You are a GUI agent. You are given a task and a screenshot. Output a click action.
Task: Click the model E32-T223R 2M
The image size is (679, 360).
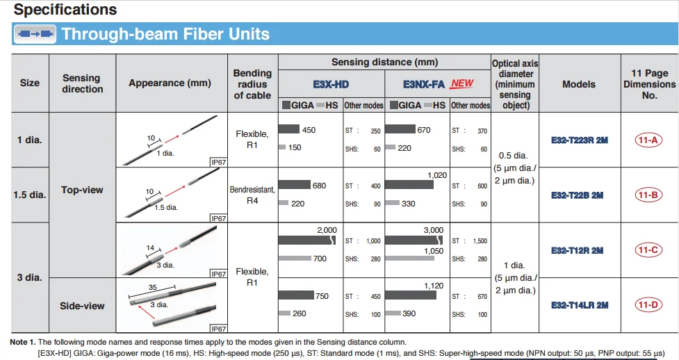click(x=579, y=140)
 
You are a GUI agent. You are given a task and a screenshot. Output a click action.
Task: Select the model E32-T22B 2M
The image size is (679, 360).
click(x=579, y=195)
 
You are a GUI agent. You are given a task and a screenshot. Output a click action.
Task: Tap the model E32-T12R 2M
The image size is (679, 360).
click(x=579, y=250)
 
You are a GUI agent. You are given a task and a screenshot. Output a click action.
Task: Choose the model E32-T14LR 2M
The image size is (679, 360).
click(x=579, y=305)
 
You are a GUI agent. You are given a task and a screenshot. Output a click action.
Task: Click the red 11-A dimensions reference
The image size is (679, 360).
click(x=648, y=140)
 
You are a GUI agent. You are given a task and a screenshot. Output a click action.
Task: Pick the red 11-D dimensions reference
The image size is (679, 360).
click(x=648, y=305)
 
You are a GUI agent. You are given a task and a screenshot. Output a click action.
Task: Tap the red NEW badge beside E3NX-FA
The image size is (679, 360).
click(x=462, y=83)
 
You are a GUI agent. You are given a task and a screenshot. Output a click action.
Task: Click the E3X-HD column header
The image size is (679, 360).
click(x=331, y=84)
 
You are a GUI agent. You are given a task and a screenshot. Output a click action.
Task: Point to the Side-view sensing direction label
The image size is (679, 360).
click(x=82, y=306)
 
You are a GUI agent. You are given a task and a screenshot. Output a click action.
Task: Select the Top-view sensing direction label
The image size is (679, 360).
click(x=82, y=190)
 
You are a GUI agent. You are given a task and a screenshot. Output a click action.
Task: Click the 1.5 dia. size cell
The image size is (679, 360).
click(x=29, y=195)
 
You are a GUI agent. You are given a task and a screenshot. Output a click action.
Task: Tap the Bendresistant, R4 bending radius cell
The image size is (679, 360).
click(x=252, y=195)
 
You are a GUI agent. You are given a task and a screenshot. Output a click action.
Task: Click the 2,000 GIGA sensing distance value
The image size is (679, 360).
click(x=326, y=229)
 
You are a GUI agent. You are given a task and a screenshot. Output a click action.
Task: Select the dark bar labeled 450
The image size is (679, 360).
click(x=288, y=129)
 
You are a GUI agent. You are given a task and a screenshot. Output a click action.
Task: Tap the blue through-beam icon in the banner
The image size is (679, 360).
click(x=35, y=34)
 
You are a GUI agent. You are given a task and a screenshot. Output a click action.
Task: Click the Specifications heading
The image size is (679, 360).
click(x=65, y=10)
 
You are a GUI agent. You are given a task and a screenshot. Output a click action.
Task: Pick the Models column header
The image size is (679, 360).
click(x=579, y=84)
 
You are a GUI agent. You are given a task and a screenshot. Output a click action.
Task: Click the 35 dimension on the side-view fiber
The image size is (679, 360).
click(x=152, y=286)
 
